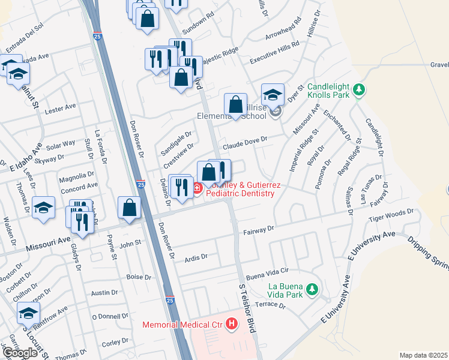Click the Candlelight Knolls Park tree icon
click(359, 89)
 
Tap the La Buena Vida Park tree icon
click(312, 290)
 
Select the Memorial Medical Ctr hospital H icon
click(231, 325)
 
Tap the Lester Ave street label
click(61, 108)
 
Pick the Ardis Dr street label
click(196, 256)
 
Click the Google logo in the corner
click(20, 353)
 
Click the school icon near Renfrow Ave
click(28, 313)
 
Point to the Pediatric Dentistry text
click(240, 193)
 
